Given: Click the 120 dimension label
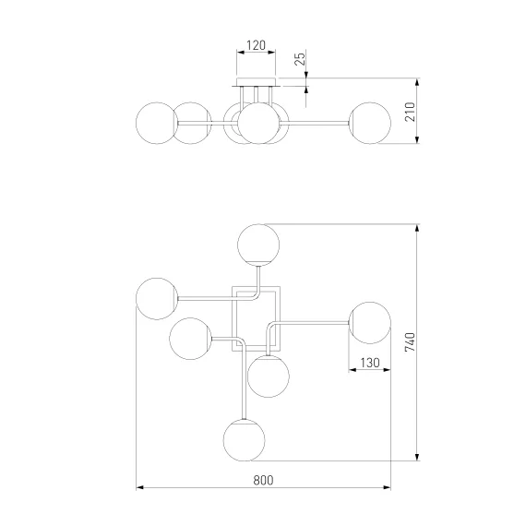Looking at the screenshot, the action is (256, 45).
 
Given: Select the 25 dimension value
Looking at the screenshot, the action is (301, 58).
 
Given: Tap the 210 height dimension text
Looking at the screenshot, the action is (411, 112).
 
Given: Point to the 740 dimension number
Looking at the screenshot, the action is (411, 341).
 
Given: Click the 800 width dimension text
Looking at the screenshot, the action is (263, 480).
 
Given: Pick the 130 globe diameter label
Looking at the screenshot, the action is (370, 363).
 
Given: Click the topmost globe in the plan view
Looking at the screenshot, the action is (258, 245).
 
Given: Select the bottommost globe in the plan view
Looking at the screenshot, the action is (245, 440).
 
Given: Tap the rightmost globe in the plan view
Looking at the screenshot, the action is (370, 323).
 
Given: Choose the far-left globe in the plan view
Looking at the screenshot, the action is (157, 299).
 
